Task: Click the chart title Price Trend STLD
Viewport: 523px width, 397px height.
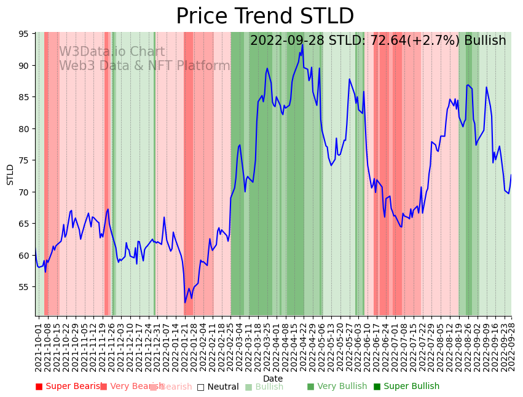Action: click(265, 17)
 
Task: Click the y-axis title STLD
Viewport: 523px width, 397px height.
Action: click(10, 175)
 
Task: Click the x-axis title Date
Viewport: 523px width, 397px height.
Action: click(273, 379)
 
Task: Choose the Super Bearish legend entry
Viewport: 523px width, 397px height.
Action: click(69, 387)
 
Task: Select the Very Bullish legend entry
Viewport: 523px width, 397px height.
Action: click(337, 387)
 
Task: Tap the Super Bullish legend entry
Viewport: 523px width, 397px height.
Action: click(406, 387)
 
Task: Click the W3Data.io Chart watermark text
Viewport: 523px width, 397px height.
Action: click(112, 52)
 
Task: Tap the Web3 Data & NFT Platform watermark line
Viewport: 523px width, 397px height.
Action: click(144, 66)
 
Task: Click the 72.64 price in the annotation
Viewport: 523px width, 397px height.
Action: click(372, 41)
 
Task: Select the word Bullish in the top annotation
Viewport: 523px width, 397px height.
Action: click(485, 41)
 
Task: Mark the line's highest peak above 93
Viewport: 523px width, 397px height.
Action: click(302, 45)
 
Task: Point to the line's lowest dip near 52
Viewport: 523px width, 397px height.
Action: click(185, 302)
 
